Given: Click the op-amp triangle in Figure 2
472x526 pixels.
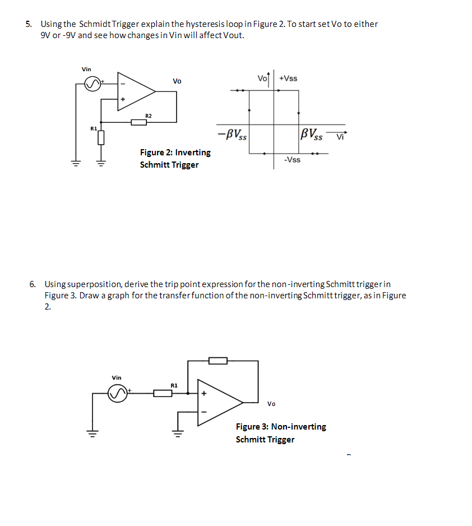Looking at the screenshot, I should pos(135,91).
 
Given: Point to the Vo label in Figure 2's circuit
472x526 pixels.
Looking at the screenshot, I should pos(177,81).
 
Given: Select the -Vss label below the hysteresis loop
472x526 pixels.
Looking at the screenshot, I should pos(292,160).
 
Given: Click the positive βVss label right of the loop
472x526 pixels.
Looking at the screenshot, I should pos(312,135).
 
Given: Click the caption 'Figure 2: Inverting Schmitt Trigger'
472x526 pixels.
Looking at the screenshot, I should pos(175,158).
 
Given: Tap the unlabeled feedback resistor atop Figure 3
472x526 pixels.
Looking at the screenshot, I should pos(218,361).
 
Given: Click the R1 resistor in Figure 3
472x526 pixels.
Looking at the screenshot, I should pos(163,394).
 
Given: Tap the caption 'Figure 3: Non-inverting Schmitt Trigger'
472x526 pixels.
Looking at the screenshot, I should pos(281,433).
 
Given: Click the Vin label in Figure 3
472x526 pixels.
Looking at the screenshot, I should pos(117,377).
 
